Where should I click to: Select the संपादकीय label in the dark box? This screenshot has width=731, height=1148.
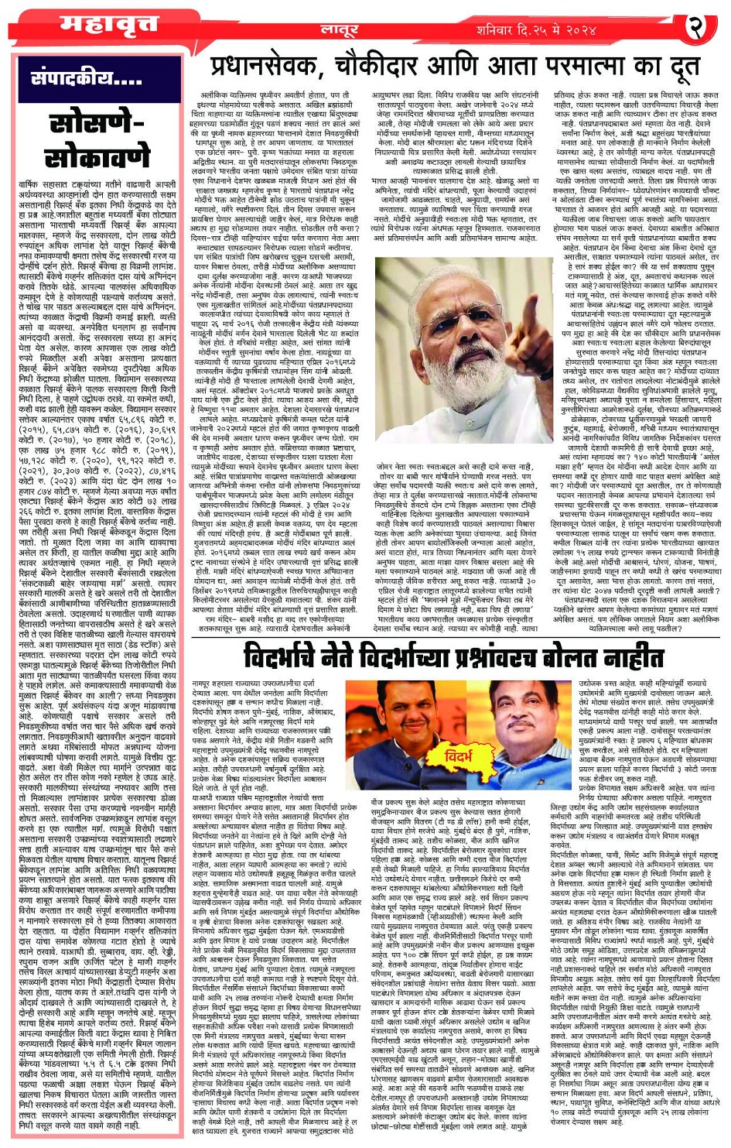click(87, 79)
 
